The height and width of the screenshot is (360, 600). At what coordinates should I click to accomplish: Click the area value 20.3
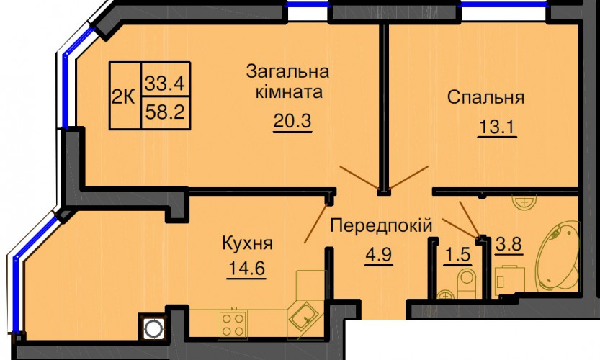coord(292,121)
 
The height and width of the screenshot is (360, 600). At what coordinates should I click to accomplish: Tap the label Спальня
coord(485,97)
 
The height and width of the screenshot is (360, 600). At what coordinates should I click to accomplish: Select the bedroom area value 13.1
coord(497,127)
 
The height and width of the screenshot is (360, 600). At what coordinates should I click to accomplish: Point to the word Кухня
coord(247,243)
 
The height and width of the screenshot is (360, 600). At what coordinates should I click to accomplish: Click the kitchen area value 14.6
coord(246,269)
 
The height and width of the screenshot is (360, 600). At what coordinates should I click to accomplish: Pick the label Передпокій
coord(381,225)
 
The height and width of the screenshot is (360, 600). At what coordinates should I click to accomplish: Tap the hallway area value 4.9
coord(378,254)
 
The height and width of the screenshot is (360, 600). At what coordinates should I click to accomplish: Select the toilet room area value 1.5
coord(457,255)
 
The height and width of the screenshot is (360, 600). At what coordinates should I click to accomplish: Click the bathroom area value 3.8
coord(509,243)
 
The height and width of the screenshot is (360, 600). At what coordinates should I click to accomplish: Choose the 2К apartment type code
coord(123,97)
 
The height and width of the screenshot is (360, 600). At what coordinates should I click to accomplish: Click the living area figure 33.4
coord(165,83)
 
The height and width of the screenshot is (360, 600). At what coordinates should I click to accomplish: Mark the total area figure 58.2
coord(166,112)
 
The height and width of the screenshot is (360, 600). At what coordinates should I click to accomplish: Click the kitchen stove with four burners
coord(233,325)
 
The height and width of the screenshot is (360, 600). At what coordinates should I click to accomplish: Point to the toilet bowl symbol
coord(467,282)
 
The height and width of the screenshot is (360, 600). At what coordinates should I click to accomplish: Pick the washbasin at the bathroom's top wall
coord(524,202)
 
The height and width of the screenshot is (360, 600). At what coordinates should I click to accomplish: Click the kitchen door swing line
coord(316,223)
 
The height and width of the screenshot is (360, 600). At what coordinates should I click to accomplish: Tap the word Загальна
coord(288,71)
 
